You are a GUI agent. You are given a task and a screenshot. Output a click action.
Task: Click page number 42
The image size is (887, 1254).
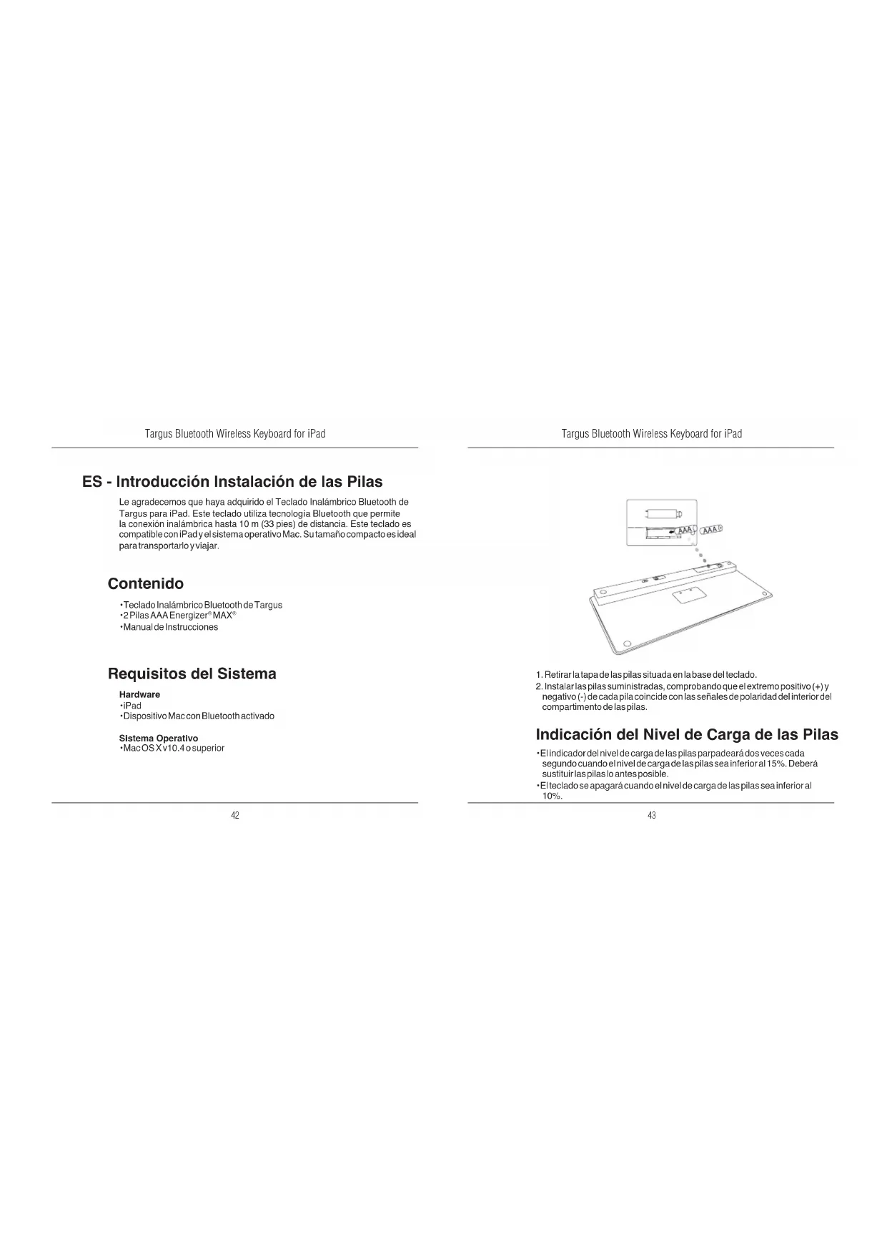tap(234, 816)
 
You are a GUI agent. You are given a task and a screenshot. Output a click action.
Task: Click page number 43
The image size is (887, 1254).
tap(651, 816)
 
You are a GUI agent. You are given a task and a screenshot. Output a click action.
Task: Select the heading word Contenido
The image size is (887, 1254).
tap(145, 583)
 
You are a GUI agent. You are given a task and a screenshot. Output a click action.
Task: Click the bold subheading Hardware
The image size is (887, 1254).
tap(139, 694)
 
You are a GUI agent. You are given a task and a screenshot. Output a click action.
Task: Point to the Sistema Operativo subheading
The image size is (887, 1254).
tap(158, 738)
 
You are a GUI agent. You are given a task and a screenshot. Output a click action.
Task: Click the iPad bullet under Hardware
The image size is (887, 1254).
tap(132, 706)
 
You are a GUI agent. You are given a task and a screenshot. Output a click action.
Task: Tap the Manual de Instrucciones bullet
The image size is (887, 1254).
tap(170, 627)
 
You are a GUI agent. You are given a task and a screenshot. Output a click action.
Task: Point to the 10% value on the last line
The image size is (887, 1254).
tap(552, 796)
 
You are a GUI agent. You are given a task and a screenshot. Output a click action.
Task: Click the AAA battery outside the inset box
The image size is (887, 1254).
tap(712, 530)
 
